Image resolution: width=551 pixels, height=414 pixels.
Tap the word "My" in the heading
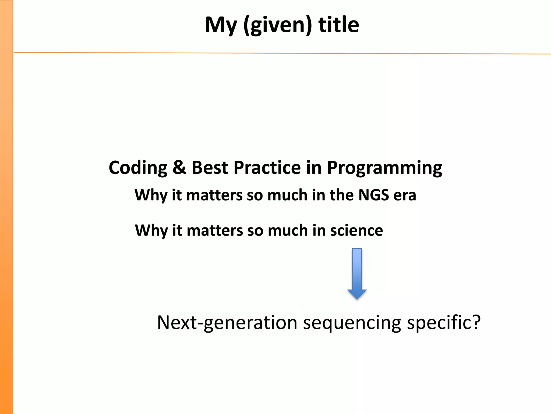221,26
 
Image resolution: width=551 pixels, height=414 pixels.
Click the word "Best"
210,168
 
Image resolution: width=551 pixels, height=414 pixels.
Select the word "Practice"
267,168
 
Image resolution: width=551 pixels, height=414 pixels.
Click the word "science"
356,230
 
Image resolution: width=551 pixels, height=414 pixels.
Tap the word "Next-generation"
227,323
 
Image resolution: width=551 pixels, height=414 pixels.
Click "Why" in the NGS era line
151,195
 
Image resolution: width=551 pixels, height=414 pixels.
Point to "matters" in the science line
215,231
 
